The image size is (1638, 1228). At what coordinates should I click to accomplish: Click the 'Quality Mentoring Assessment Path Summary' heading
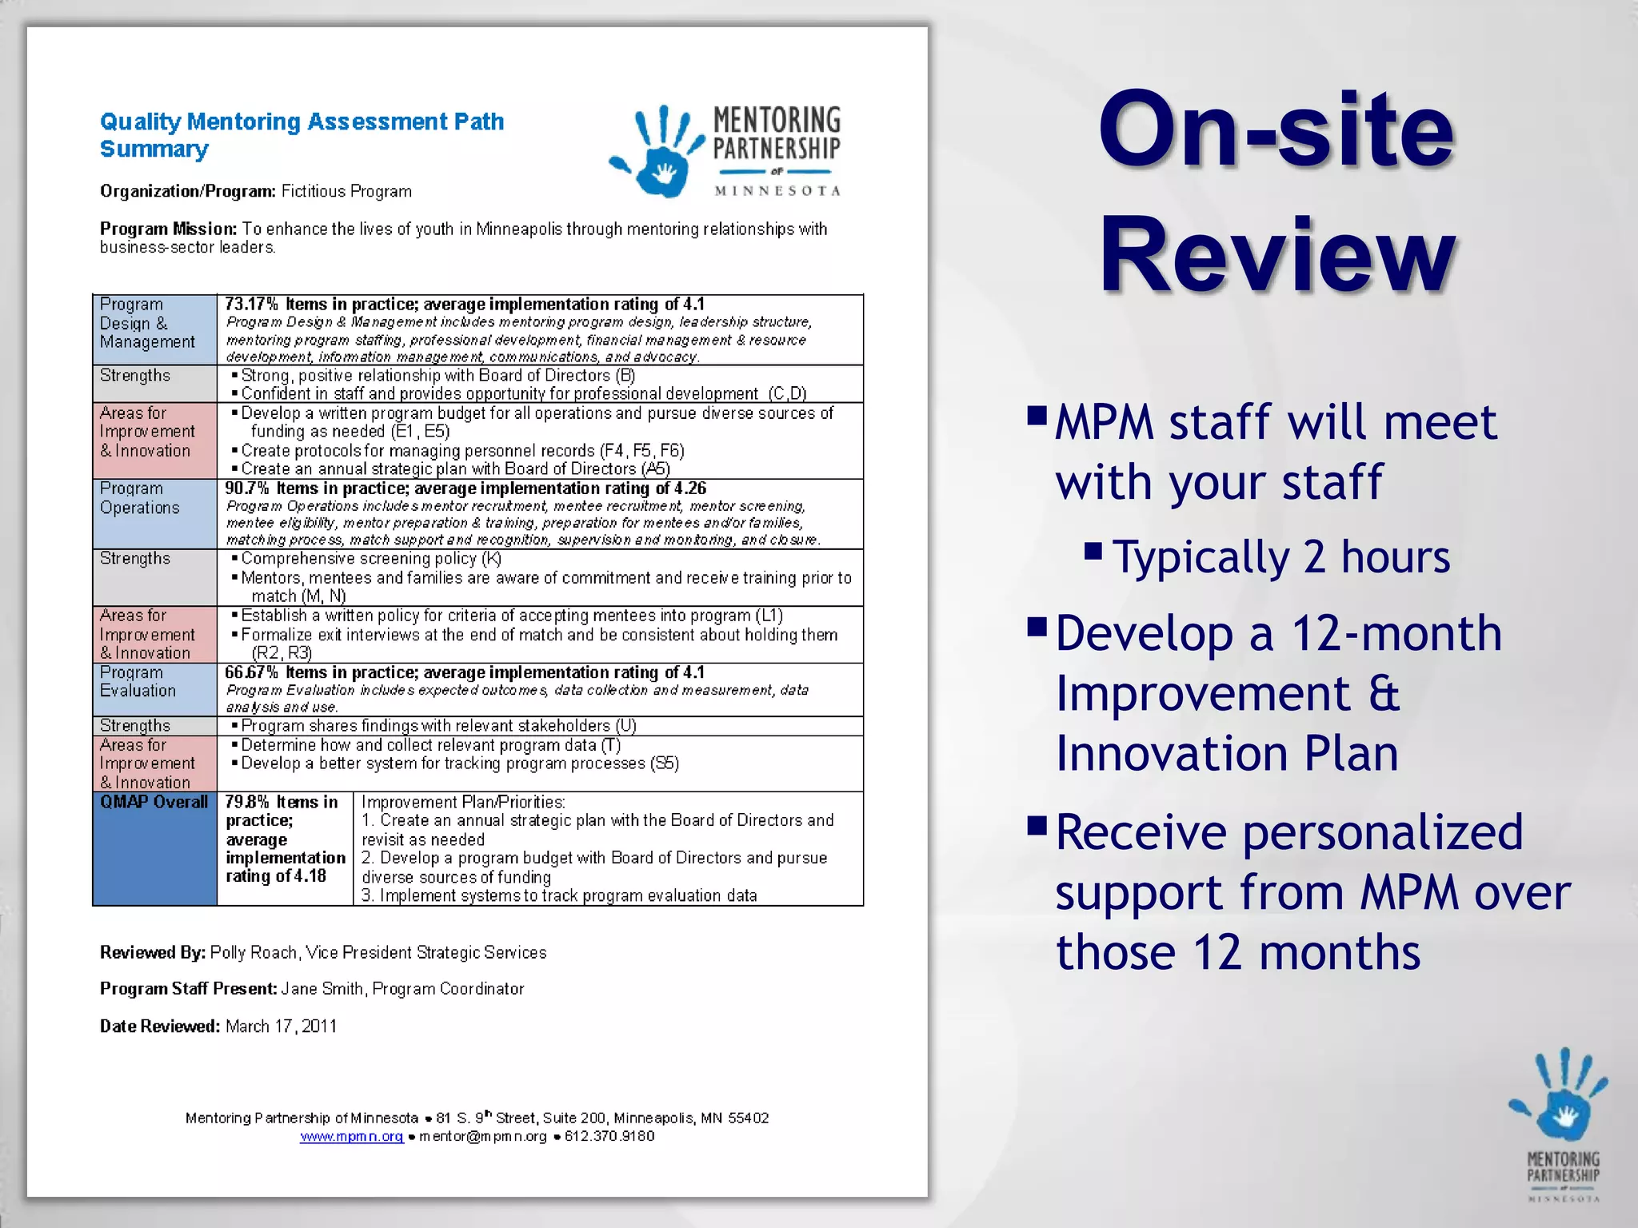click(x=302, y=134)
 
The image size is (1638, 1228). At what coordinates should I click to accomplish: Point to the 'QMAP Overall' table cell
click(x=154, y=802)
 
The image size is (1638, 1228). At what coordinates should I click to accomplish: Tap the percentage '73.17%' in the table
click(x=251, y=305)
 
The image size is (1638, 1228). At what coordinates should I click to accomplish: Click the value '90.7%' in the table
click(x=246, y=488)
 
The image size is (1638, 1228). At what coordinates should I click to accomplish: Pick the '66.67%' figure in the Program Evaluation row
click(x=251, y=672)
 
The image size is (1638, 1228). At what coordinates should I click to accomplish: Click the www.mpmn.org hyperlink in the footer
click(x=351, y=1136)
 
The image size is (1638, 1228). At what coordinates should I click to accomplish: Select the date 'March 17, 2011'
click(x=281, y=1027)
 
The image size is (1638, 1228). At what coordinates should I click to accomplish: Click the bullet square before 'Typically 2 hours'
click(x=1093, y=551)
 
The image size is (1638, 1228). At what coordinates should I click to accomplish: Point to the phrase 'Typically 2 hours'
click(x=1281, y=557)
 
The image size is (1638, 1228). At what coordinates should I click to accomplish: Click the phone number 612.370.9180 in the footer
click(x=609, y=1136)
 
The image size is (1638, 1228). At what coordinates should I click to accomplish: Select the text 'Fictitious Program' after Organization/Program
click(x=346, y=192)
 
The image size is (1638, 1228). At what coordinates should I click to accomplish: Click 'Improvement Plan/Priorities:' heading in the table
click(x=463, y=802)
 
